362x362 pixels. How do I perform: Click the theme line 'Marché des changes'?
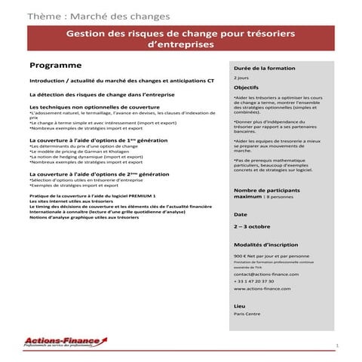point(98,15)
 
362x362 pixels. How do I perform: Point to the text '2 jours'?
point(241,77)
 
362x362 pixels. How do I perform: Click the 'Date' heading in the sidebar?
point(241,214)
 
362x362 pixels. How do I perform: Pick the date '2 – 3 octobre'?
point(253,225)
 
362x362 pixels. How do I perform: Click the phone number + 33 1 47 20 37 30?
point(255,281)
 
